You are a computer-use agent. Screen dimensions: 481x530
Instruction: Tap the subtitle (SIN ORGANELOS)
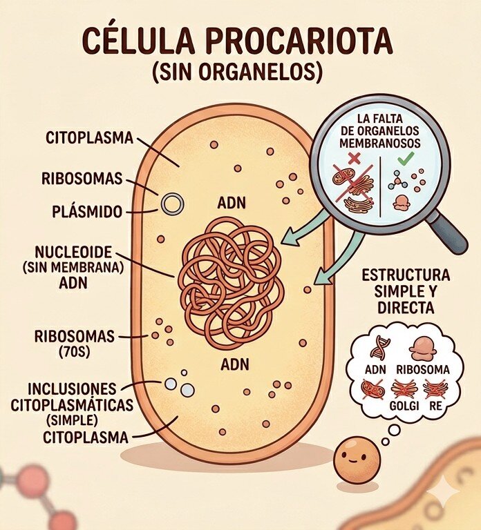(236, 72)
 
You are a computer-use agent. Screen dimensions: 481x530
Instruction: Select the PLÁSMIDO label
(87, 212)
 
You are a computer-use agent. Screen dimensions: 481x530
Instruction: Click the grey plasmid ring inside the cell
(172, 204)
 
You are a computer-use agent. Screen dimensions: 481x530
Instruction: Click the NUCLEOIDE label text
(73, 252)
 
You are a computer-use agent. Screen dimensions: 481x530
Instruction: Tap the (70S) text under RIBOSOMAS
(74, 352)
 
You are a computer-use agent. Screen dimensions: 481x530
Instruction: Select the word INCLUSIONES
(72, 389)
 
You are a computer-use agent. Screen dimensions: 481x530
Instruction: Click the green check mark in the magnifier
(406, 158)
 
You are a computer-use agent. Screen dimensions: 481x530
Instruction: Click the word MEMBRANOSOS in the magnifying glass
(380, 144)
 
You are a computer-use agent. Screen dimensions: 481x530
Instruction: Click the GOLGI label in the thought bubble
(404, 406)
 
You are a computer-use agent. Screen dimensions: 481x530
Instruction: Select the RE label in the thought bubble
(435, 406)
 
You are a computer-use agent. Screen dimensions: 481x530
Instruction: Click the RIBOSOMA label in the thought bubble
(423, 369)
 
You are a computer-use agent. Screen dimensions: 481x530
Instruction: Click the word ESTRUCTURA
(406, 275)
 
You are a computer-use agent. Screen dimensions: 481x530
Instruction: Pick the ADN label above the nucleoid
(232, 203)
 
